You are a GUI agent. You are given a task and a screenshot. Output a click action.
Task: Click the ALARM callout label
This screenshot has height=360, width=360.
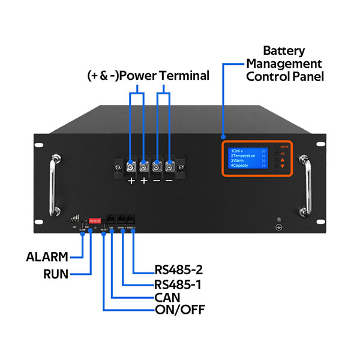(47, 257)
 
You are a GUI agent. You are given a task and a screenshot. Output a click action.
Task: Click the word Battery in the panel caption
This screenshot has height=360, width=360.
(284, 51)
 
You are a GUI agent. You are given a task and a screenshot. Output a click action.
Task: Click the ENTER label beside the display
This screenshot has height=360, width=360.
(286, 146)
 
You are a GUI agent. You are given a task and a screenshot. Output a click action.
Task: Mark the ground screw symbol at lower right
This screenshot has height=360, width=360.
(278, 227)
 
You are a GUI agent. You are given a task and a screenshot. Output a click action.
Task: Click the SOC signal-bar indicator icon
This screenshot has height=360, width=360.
(75, 220)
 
